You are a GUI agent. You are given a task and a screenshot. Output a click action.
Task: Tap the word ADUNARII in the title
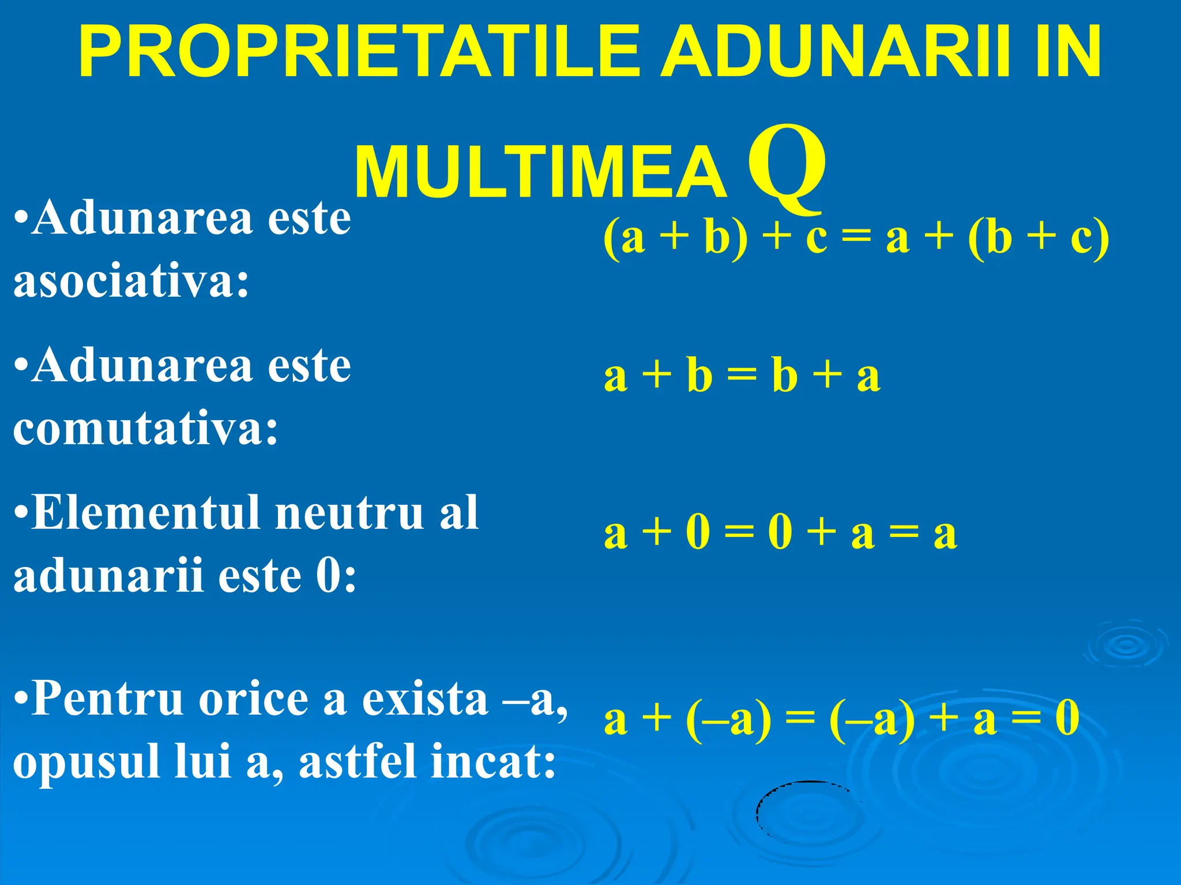836,52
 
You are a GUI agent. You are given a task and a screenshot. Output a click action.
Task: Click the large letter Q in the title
787,167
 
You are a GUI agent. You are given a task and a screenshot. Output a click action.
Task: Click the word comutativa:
146,429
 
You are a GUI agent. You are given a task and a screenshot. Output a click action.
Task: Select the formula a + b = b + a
742,376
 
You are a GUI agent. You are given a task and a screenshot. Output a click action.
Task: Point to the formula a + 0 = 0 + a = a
781,532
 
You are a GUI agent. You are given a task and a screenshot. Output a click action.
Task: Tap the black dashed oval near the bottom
807,812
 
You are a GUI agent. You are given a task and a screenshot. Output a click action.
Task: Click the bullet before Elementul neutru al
21,513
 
